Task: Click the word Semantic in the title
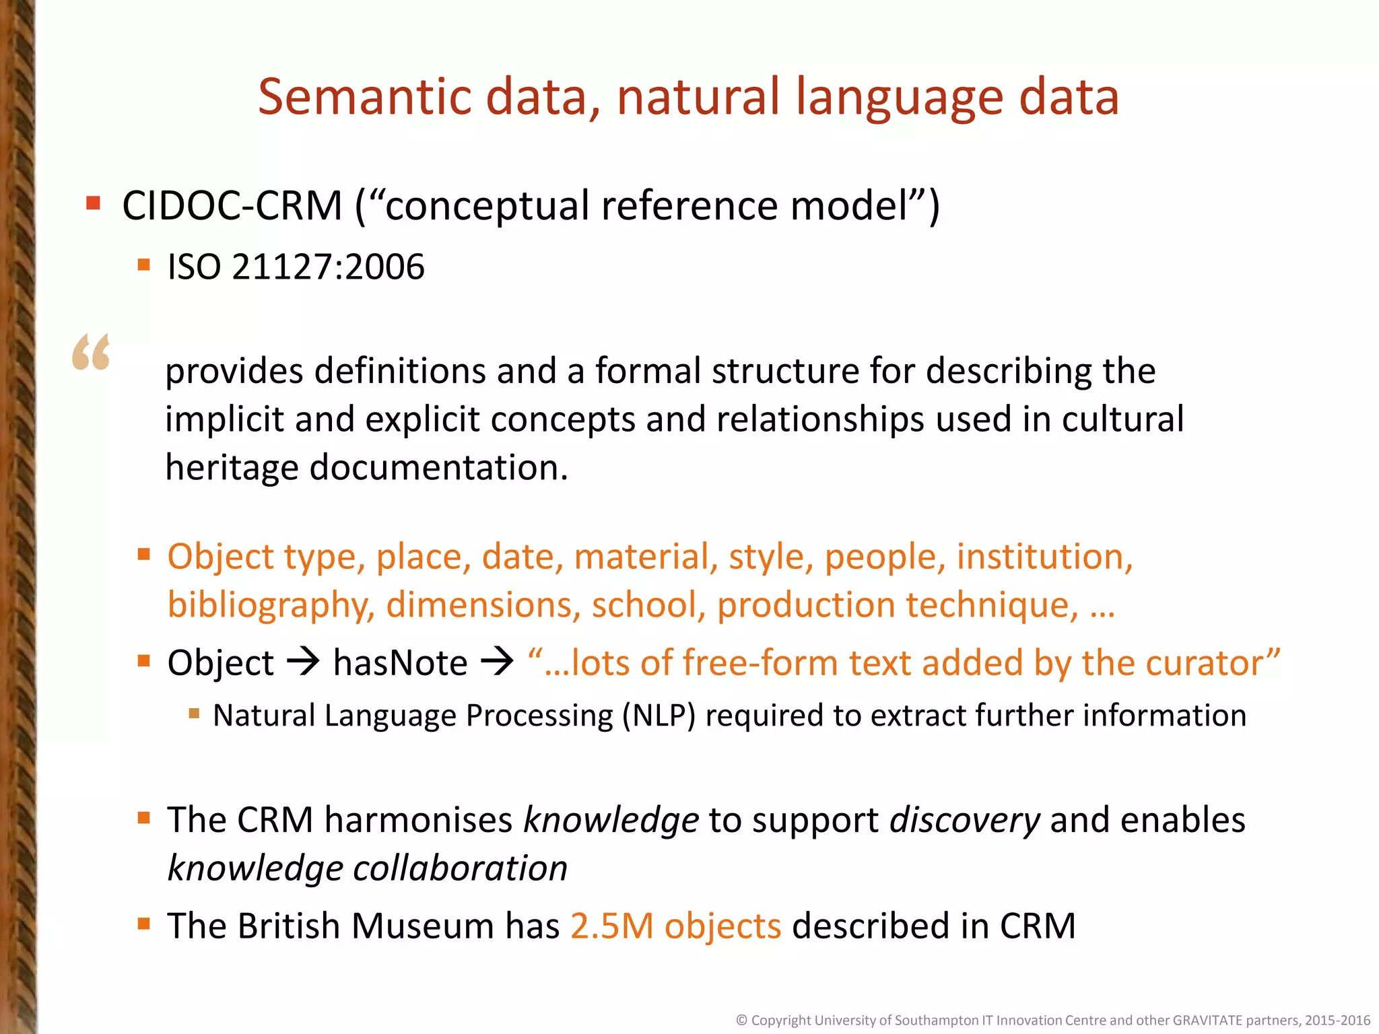[x=364, y=97]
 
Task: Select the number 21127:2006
[x=329, y=267]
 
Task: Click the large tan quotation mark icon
[x=91, y=351]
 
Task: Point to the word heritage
[x=232, y=467]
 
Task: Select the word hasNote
[x=400, y=663]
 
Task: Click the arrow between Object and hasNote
[x=303, y=662]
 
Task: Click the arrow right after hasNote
[x=497, y=662]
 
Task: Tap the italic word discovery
[x=964, y=821]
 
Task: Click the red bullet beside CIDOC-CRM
[x=94, y=203]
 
